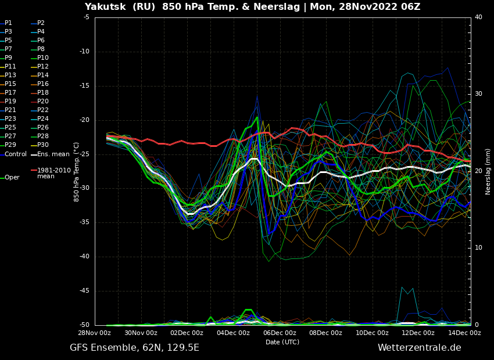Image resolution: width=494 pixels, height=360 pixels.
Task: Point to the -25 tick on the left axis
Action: point(84,154)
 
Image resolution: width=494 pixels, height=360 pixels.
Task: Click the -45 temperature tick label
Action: point(84,291)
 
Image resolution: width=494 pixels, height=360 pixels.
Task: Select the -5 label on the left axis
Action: point(86,17)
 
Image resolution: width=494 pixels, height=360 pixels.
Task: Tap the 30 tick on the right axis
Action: point(478,94)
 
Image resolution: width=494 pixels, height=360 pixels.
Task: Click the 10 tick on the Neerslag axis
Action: point(478,248)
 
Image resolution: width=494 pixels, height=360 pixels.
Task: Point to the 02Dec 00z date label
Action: point(187,333)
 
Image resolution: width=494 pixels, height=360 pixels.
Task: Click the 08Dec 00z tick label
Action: point(326,333)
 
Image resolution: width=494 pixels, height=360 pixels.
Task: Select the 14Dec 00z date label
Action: point(465,333)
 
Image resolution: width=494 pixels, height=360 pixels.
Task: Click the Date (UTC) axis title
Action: point(282,342)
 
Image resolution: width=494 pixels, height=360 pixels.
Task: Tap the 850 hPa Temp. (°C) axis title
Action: point(76,172)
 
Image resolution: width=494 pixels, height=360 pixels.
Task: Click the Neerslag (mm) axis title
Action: point(488,172)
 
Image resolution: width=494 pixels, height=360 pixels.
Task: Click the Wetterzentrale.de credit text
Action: point(420,348)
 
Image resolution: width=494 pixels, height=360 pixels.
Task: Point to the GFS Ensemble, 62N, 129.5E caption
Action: point(134,348)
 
